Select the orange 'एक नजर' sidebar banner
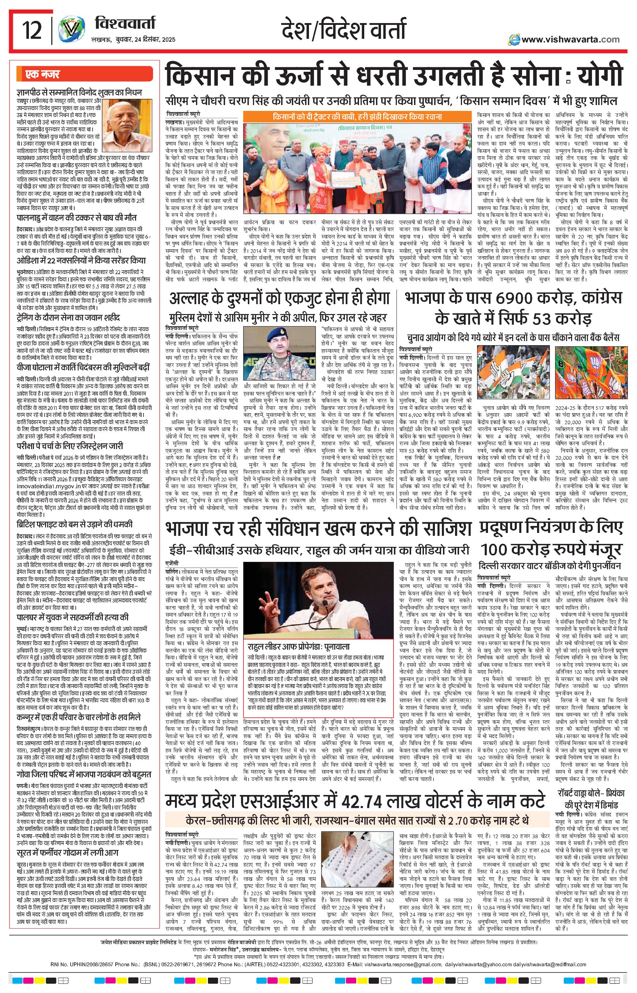click(84, 74)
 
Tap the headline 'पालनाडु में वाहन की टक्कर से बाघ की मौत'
click(77, 218)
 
